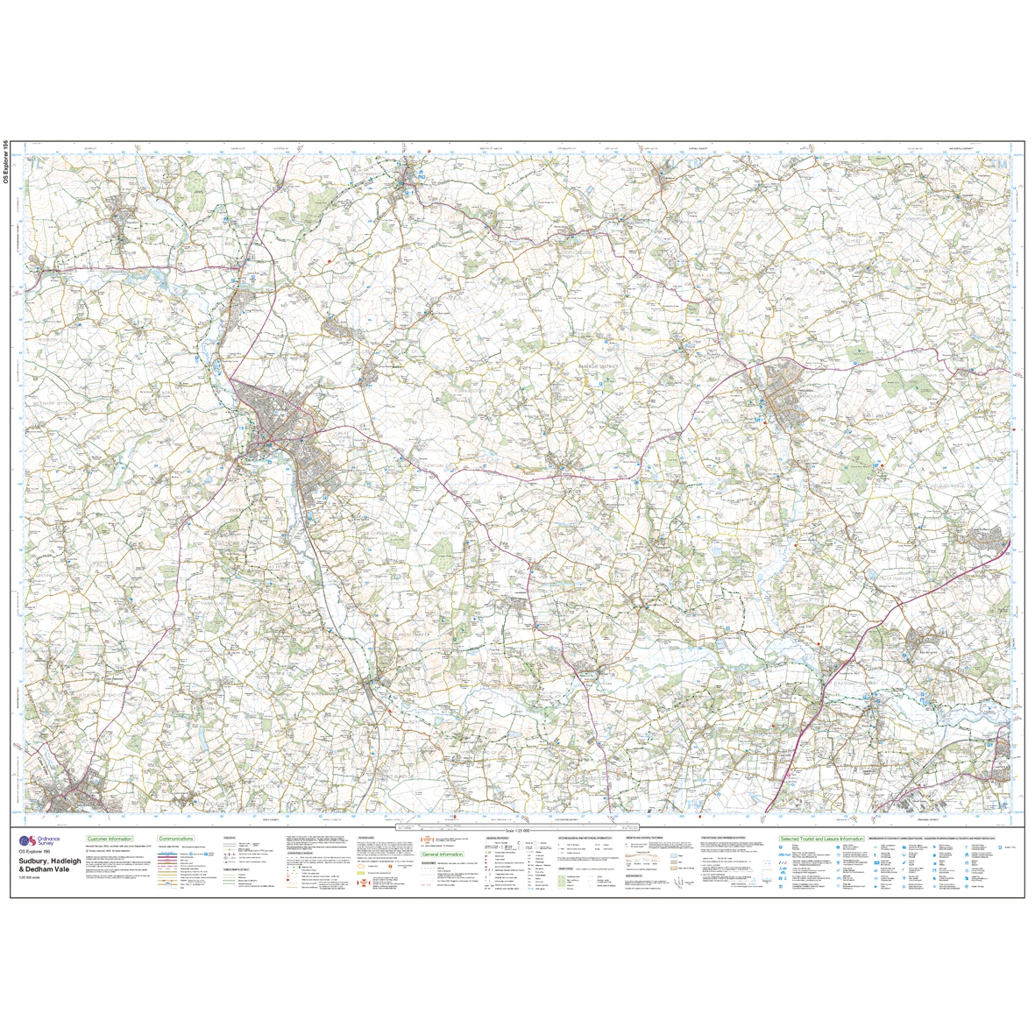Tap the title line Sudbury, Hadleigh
click(x=46, y=862)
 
